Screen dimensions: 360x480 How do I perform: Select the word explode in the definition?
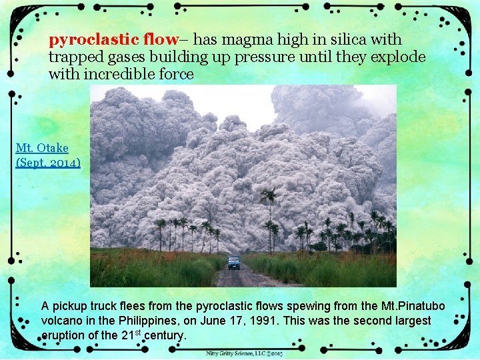coord(398,57)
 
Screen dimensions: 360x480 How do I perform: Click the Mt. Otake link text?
coord(42,147)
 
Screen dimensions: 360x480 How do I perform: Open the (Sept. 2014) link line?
coord(48,161)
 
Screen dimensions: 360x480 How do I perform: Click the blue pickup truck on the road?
coord(233,262)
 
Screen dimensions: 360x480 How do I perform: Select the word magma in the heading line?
coord(256,39)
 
